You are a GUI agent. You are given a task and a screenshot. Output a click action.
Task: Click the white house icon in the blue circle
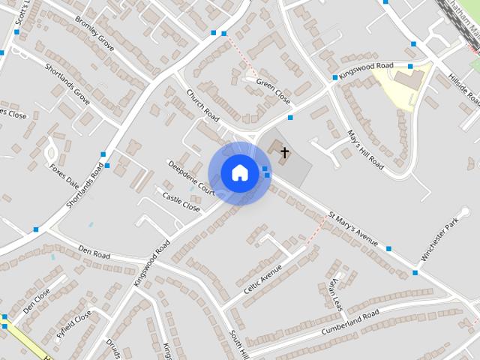(239, 172)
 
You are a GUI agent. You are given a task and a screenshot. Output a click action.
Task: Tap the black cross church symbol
(284, 153)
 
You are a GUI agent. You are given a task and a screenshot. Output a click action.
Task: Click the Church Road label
(202, 106)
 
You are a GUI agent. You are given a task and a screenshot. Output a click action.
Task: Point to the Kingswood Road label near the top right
(366, 67)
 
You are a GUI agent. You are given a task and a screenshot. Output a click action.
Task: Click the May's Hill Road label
(366, 148)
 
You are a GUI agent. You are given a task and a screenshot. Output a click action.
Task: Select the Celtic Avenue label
(262, 279)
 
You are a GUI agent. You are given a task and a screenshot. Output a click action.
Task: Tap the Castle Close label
(181, 200)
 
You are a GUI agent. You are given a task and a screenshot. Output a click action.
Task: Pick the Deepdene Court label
(191, 178)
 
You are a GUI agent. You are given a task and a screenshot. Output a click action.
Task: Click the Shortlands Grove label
(67, 83)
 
